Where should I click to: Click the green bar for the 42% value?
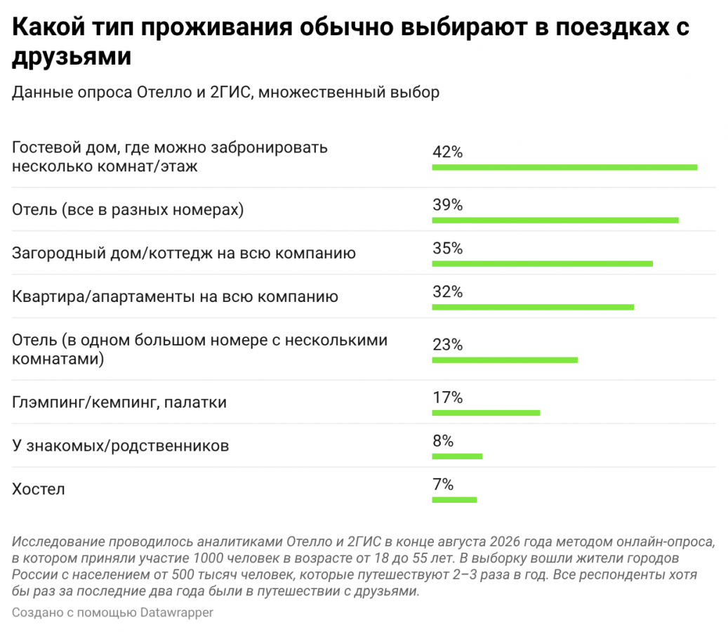tap(564, 168)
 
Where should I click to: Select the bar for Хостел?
tap(454, 500)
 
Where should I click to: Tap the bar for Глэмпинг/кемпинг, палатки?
tap(486, 413)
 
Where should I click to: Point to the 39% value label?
tap(448, 205)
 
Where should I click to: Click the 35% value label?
tap(448, 249)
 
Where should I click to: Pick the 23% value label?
tap(448, 345)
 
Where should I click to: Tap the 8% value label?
tap(443, 441)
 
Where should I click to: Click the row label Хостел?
tap(39, 489)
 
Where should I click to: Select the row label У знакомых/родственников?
tap(120, 446)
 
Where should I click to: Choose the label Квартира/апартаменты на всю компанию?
tap(175, 297)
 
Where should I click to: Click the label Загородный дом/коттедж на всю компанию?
tap(184, 253)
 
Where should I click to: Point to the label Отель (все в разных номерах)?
tap(128, 210)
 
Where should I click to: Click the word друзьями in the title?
tap(72, 57)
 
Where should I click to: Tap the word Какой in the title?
tap(48, 27)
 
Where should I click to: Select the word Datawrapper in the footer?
tap(177, 613)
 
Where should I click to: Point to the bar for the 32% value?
tap(533, 308)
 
